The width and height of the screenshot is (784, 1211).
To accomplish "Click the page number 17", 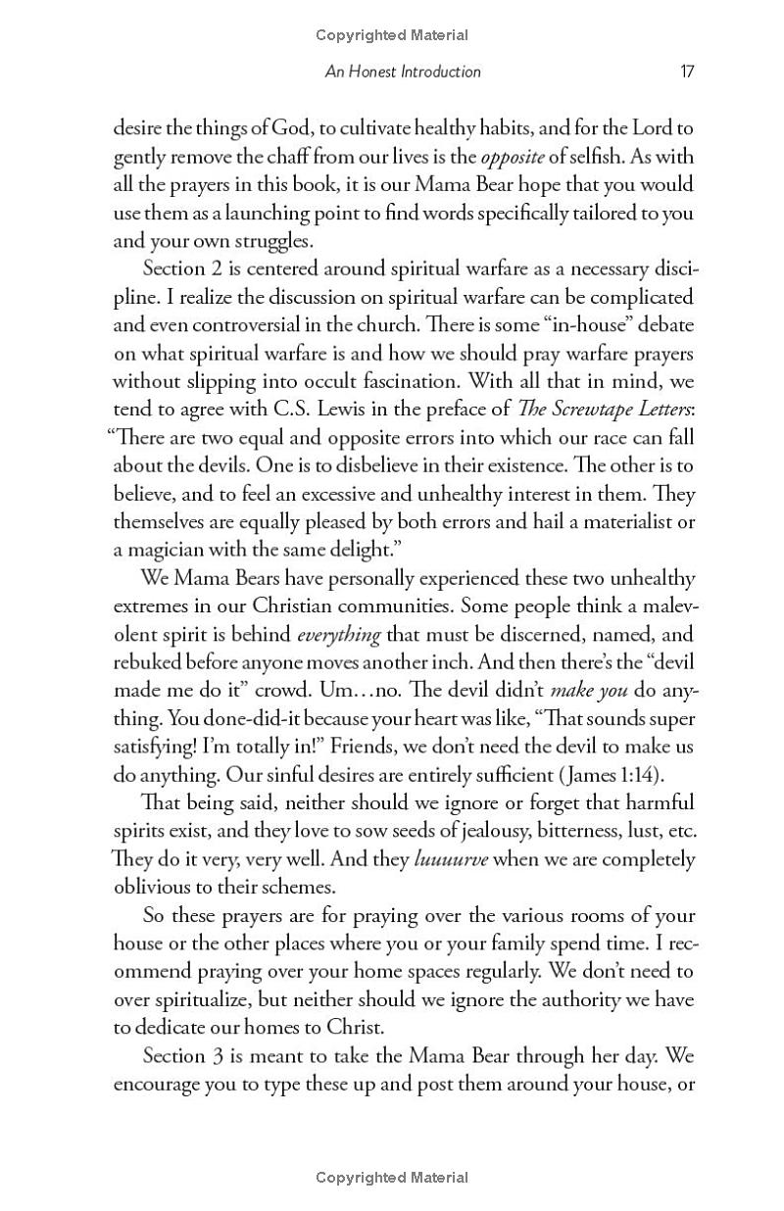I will pyautogui.click(x=687, y=72).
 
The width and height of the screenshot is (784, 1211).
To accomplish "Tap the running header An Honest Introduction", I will pyautogui.click(x=403, y=72).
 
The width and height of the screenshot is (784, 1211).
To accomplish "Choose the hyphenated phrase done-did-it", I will pyautogui.click(x=235, y=719).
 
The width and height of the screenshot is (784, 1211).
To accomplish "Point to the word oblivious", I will pyautogui.click(x=157, y=888).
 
